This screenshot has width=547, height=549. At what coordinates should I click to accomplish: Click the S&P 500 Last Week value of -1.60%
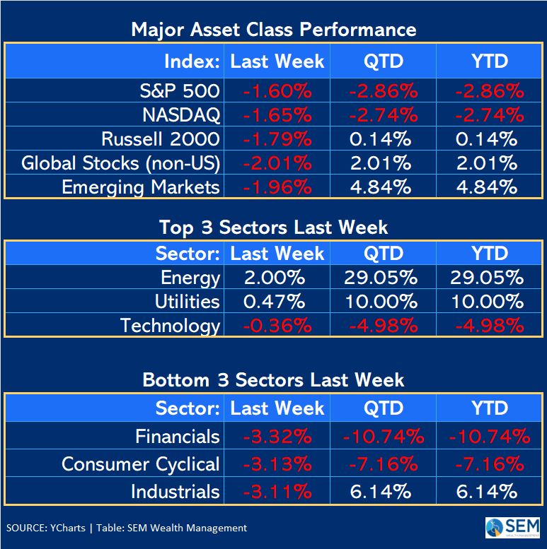(277, 91)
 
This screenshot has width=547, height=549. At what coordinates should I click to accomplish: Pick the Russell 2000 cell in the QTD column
(383, 139)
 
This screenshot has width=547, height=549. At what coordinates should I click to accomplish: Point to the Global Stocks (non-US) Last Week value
(277, 163)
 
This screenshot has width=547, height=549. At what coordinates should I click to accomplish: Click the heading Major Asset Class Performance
(274, 30)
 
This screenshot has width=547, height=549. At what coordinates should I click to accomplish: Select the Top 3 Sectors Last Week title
(274, 227)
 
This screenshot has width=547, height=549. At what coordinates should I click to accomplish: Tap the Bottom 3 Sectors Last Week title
(274, 379)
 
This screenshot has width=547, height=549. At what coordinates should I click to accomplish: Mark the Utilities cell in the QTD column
(383, 302)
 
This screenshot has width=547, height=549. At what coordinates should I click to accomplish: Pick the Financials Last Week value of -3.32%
(277, 436)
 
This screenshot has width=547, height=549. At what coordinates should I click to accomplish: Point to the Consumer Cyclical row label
(140, 464)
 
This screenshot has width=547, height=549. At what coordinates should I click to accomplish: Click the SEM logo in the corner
(512, 528)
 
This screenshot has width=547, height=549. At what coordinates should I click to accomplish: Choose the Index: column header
(192, 61)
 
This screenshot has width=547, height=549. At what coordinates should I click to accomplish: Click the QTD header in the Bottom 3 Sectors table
(383, 408)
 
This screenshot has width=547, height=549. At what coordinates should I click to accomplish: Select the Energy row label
(190, 278)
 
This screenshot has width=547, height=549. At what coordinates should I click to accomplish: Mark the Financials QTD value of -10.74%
(383, 436)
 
